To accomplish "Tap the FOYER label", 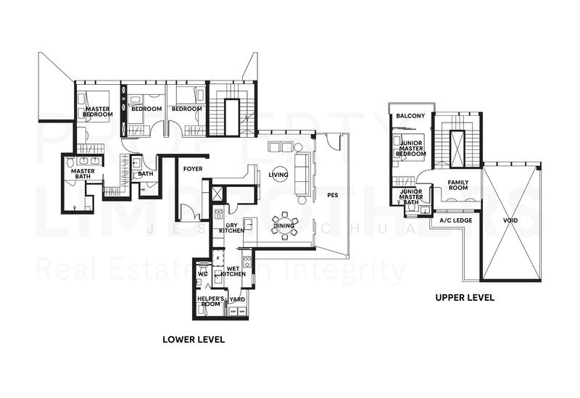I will click(x=193, y=169).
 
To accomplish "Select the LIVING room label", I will click(x=278, y=175).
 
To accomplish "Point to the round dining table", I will click(x=284, y=223).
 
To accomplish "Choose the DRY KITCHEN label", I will click(x=232, y=228).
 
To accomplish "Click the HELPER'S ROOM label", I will click(x=210, y=301).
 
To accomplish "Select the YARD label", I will click(x=237, y=299).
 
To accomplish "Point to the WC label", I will click(x=204, y=275).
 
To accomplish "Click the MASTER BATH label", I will click(x=83, y=174).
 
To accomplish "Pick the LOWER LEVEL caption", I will click(x=194, y=339).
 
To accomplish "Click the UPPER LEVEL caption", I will click(x=465, y=297).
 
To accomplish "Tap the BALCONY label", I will click(x=411, y=115).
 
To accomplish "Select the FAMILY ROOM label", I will click(x=458, y=186).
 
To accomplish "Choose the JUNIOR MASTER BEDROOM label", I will click(x=412, y=149).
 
